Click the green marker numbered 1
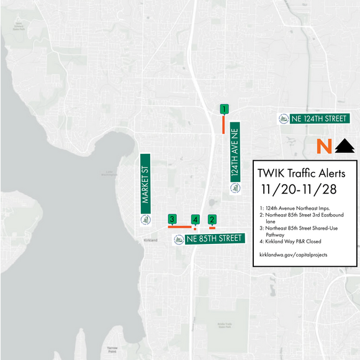coord(224,109)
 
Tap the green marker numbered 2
coord(212,218)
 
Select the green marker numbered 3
coord(173,218)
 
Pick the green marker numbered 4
coord(195,220)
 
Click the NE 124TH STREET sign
coord(319,118)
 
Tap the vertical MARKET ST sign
coord(146,184)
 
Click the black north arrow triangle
coord(344,146)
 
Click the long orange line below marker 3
coord(180,227)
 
